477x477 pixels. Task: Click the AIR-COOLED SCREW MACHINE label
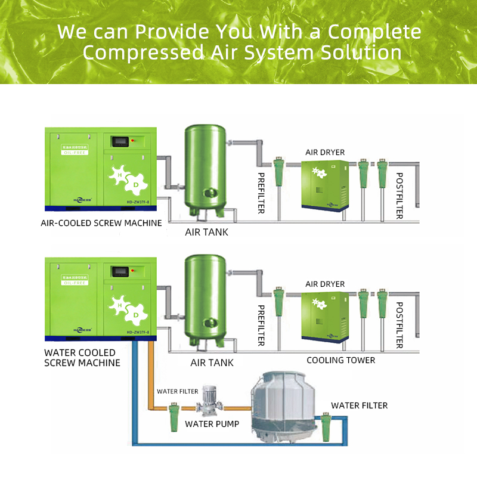pos(101,223)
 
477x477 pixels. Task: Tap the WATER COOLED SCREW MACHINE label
pos(82,357)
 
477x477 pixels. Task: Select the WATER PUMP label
pos(212,424)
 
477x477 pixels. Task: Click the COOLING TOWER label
pos(341,360)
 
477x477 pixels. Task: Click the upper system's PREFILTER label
pos(261,193)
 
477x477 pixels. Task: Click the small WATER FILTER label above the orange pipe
pos(177,392)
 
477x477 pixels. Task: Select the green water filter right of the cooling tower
pos(326,426)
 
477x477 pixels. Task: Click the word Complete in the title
pos(374,31)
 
